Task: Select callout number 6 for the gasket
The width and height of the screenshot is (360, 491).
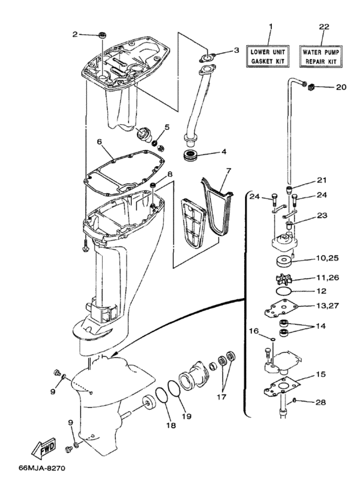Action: (100, 141)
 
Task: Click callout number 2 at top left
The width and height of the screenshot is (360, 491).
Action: (76, 33)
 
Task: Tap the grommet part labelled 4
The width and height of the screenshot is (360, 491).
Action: (190, 156)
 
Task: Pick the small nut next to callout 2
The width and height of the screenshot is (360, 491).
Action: (101, 34)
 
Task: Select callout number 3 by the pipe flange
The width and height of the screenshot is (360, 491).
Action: (236, 50)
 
